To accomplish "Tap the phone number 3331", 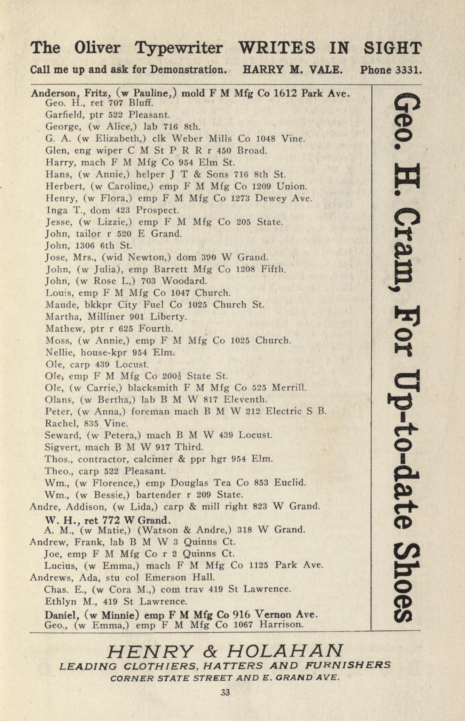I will [408, 70].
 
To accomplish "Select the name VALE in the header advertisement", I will [326, 70].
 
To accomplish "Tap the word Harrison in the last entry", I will [281, 625].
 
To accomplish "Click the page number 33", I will [225, 692].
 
